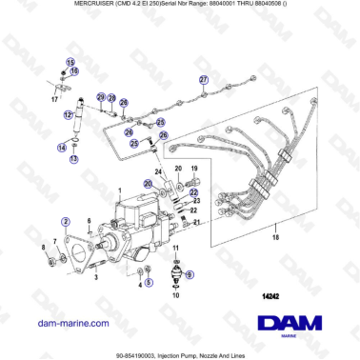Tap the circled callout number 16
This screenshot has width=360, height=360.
pos(75,70)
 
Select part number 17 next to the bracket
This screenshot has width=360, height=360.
pos(54,97)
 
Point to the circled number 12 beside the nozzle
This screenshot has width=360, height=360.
pos(68,115)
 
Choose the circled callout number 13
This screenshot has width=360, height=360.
pos(74,160)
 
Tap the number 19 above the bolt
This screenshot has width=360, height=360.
pos(194,169)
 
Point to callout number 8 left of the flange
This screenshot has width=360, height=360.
pos(44,249)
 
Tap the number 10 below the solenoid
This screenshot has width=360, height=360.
pos(175,295)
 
